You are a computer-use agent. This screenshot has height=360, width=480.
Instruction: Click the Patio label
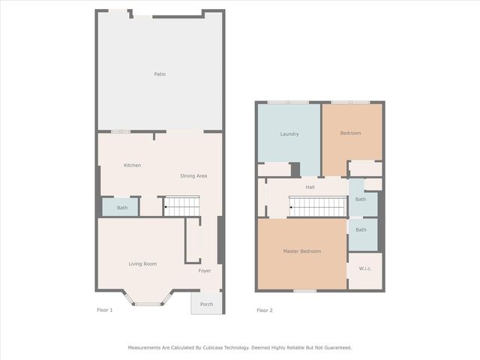[x=160, y=74]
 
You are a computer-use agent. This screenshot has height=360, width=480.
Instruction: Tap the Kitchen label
[x=132, y=165]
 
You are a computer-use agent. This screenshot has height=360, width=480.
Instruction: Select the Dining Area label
[x=193, y=176]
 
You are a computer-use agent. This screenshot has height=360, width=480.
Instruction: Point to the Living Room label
[x=142, y=264]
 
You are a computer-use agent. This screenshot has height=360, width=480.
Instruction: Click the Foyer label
[x=205, y=271]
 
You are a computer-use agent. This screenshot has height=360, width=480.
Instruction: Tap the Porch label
[x=207, y=304]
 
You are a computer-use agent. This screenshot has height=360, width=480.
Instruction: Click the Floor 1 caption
[x=105, y=310]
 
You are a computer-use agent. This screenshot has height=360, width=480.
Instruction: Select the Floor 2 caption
[x=265, y=310]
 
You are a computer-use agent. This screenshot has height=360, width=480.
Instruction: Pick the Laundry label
[x=289, y=134]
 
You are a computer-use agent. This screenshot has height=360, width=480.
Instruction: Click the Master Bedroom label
[x=302, y=251]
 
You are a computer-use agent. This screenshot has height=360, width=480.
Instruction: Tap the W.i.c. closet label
[x=365, y=268]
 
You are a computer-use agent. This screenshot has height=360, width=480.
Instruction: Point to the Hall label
[x=310, y=187]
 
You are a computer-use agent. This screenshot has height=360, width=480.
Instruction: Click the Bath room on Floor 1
[x=120, y=207]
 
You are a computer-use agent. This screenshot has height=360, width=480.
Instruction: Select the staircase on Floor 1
[x=182, y=206]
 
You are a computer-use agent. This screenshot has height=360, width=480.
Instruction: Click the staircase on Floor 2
[x=318, y=207]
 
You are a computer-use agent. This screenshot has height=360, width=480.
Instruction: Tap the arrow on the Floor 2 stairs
[x=290, y=207]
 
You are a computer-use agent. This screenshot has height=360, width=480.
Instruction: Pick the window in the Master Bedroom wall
[x=305, y=291]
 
